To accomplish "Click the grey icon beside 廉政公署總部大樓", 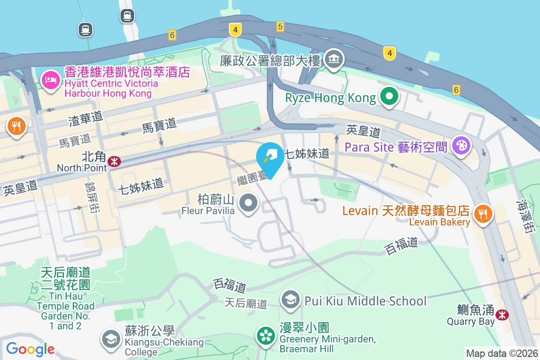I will point(333,60).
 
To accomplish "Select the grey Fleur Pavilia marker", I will point(247,203).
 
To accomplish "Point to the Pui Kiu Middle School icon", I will point(291,300).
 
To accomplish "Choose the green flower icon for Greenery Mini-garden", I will point(265,336).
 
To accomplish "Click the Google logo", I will point(30,349).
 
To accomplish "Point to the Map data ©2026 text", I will point(501,354).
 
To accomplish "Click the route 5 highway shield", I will point(280,27).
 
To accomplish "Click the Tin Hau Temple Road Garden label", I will point(66,298).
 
